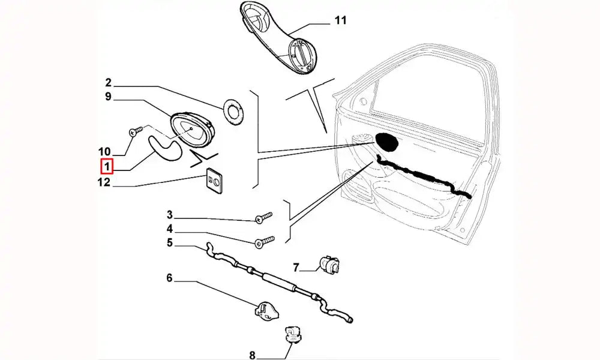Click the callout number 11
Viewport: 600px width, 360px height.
pos(340,20)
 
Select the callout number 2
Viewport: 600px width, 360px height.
pos(109,82)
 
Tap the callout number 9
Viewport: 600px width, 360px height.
pos(109,96)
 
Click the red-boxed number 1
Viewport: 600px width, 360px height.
pos(106,166)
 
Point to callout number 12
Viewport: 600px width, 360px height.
pos(104,182)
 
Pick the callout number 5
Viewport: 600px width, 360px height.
pos(170,242)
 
